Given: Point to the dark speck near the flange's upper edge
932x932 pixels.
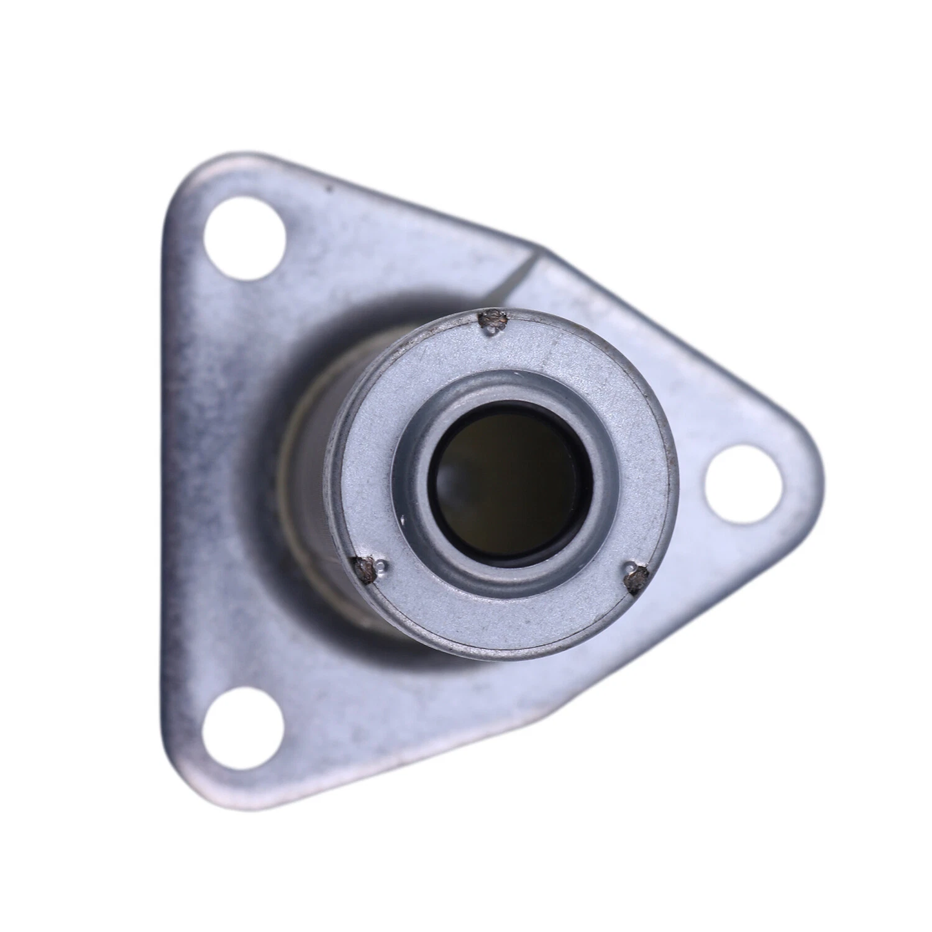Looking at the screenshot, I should [331, 189].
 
